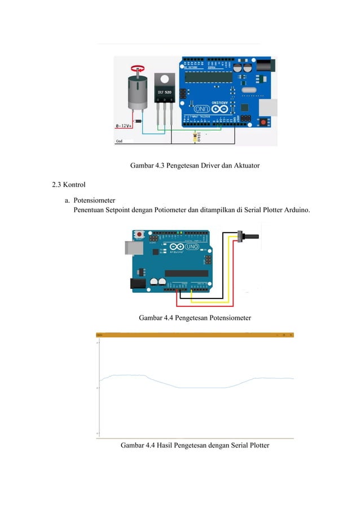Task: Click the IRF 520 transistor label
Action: coord(164,92)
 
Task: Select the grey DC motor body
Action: coord(137,93)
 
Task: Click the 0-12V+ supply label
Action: coord(125,126)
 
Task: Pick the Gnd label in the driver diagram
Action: coord(120,141)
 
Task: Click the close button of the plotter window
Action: coord(291,335)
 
